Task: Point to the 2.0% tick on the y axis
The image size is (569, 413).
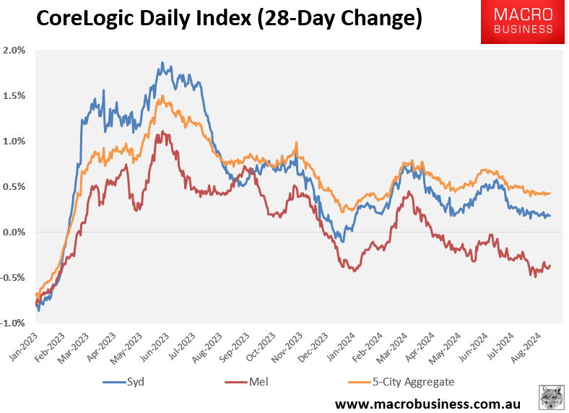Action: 14,51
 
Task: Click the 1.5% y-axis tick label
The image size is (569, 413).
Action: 14,96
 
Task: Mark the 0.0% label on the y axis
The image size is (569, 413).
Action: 14,232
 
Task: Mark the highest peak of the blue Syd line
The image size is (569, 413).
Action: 162,64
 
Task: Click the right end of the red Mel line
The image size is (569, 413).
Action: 550,265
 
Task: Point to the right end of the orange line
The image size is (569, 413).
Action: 550,193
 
